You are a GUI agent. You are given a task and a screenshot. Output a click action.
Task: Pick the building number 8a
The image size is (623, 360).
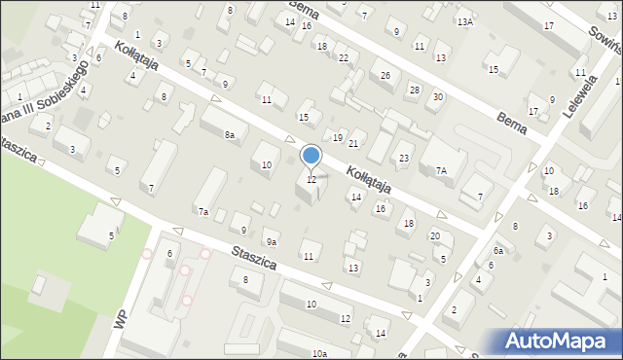point(230,135)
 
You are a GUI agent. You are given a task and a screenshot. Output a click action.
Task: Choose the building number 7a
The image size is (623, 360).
point(203,211)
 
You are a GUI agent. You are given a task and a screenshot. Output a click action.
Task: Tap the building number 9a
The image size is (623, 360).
point(273,242)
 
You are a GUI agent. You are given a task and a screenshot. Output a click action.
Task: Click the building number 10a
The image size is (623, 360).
point(319,354)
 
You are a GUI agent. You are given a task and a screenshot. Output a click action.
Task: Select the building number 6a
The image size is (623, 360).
point(497,250)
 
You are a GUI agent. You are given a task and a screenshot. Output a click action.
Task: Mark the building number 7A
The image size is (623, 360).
point(441,170)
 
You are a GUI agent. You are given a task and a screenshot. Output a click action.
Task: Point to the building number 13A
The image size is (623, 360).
point(465,21)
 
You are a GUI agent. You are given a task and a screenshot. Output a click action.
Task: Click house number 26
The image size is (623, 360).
point(385,76)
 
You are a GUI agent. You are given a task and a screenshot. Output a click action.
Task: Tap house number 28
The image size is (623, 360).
point(414,90)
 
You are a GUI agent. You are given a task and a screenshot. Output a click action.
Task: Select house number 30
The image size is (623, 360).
point(438,96)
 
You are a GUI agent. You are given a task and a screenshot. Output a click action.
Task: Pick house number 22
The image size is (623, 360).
point(343,58)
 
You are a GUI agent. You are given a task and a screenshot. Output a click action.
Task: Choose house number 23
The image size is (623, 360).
point(404,159)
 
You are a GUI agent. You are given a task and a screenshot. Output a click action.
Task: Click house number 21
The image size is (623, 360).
point(353,144)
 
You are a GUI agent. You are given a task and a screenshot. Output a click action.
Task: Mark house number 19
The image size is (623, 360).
point(338,137)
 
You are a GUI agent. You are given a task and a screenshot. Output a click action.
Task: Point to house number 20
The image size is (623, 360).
point(435,236)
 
